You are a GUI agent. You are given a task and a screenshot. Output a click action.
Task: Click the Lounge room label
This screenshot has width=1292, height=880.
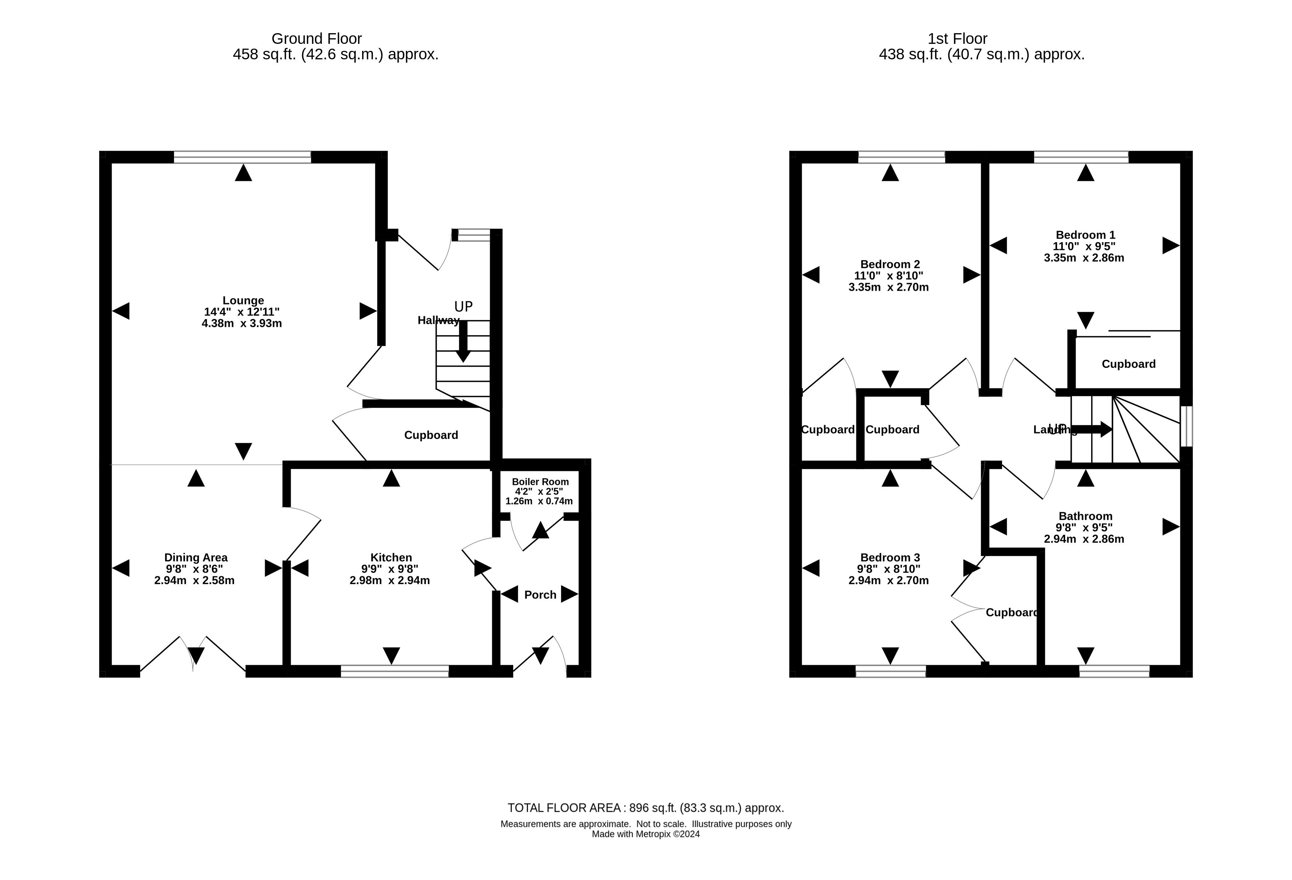pos(243,300)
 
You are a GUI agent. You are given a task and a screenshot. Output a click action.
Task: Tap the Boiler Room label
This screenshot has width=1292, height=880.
pos(540,482)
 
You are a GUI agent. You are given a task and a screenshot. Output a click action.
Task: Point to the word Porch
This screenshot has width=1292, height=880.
pos(540,595)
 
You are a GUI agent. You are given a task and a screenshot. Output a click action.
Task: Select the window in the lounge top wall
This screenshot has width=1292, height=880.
pos(242,157)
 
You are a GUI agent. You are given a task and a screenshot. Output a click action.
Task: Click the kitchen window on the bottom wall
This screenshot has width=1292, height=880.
pos(394,671)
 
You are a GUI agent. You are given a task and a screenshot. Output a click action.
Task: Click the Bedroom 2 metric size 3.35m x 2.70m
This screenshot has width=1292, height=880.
pos(888,287)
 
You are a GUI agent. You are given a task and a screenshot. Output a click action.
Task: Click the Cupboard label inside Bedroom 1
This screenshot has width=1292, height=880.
pos(1128,364)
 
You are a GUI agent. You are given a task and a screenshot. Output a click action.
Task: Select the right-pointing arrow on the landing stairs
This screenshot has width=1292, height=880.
pos(1092,429)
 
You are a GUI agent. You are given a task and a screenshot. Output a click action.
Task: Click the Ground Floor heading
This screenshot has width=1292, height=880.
pos(316,38)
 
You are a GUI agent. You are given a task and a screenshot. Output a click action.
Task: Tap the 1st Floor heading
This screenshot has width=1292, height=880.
pos(957,38)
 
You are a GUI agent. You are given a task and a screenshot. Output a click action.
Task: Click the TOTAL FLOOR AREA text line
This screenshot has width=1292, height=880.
pos(645,808)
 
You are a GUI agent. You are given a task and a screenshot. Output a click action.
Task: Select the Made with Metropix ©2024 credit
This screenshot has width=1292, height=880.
pos(645,834)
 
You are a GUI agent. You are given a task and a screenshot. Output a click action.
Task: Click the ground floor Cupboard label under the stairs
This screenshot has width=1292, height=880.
pos(431,435)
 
